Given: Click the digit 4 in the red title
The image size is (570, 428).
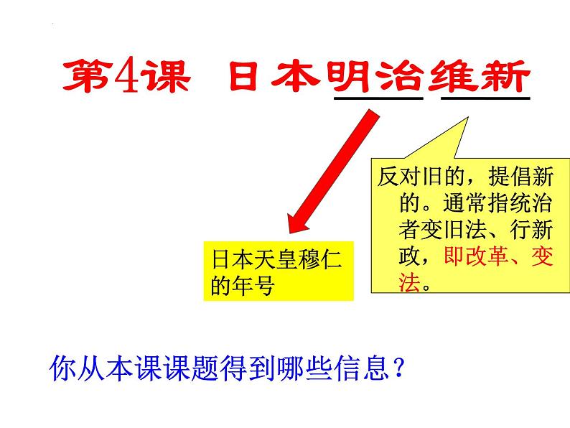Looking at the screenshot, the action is point(127,76).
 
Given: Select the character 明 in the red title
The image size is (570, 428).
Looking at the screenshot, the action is point(349,76).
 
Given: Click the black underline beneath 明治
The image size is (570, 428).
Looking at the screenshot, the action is point(378,98).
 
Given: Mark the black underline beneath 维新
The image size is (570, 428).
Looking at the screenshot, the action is point(485,98).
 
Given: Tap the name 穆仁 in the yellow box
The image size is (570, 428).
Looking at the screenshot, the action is point(319,260).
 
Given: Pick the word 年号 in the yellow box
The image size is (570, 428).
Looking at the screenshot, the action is point(253,286).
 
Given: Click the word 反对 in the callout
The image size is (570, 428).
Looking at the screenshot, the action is point(398,177).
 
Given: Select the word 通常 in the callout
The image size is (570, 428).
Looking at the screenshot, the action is point(464,203).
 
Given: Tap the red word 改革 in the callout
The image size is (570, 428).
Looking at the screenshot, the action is point(487,256).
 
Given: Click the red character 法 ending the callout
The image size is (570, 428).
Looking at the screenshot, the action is point(410,282).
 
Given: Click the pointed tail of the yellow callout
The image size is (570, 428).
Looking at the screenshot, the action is point(467,118).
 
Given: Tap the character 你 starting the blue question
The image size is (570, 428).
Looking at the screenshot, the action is point(62,368).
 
